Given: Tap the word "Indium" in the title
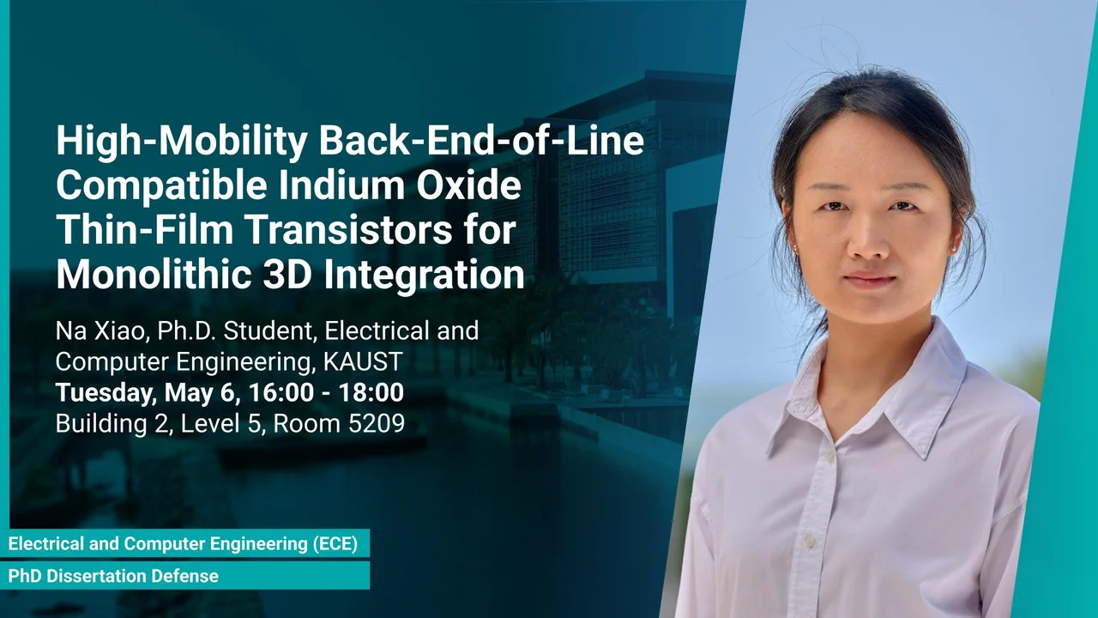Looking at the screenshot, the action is pos(341,185).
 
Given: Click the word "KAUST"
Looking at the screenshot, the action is pos(363,361).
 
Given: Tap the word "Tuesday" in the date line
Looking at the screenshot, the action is pos(106,393).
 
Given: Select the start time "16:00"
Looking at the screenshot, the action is pos(281,392).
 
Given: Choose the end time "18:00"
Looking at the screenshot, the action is pos(371,392).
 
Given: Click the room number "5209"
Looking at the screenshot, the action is pos(376,423).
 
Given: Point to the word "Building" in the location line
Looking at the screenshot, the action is pos(101,424).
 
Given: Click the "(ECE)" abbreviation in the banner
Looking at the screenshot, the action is pos(335,543).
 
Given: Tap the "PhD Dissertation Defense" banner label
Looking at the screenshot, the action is pos(113,576).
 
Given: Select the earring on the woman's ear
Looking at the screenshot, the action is pos(954,249).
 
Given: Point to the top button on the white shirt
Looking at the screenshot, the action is pos(830,457).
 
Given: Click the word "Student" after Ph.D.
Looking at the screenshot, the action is pos(268,330).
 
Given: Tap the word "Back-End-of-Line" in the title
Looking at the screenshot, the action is pos(481,140).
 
